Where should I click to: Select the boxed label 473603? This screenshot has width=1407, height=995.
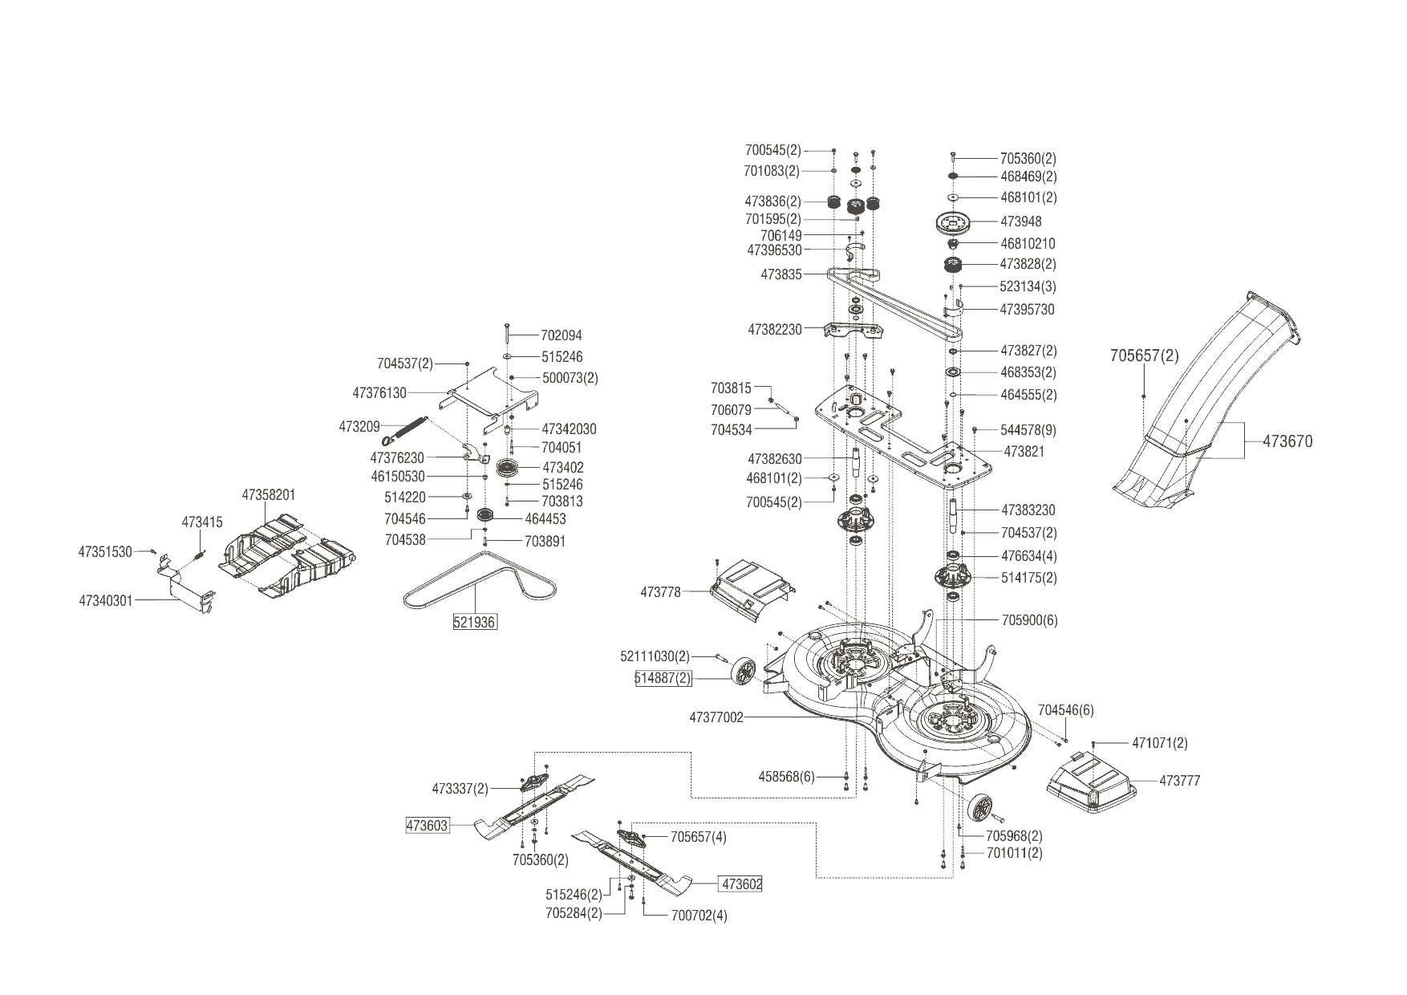[x=428, y=825]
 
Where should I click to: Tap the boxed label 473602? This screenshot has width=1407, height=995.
[x=742, y=883]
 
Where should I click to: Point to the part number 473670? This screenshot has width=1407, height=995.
[x=1287, y=441]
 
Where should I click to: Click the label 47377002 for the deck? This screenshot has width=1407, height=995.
[x=716, y=717]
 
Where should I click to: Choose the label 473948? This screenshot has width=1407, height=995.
[x=1021, y=221]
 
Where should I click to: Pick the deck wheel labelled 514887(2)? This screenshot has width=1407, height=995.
[x=744, y=671]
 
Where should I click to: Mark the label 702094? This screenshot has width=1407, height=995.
[x=562, y=336]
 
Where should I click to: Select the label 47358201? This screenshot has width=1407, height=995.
[x=269, y=495]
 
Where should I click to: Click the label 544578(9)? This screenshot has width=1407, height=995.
[x=1028, y=430]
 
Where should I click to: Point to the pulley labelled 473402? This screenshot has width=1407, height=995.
[x=509, y=468]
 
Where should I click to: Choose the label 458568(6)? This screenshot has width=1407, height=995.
[x=786, y=777]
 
